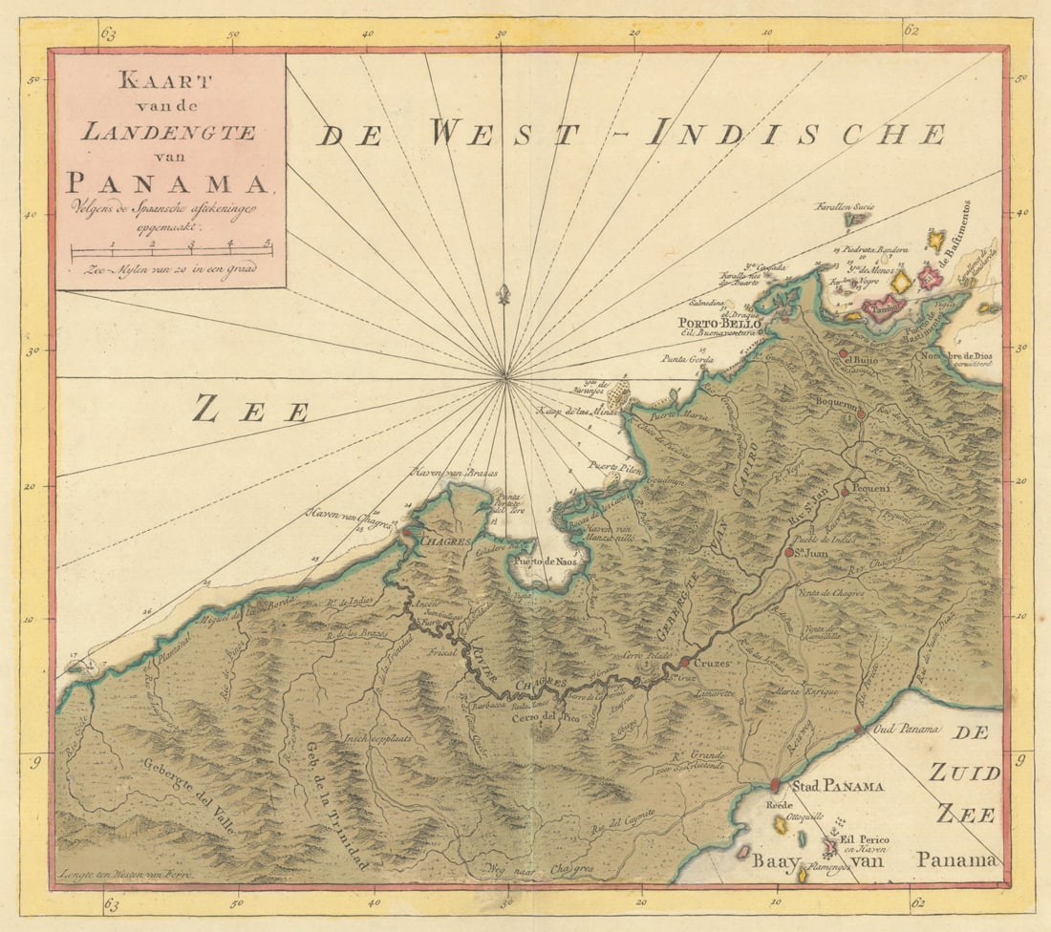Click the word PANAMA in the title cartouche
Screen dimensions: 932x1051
(169, 180)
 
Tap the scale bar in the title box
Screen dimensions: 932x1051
(172, 252)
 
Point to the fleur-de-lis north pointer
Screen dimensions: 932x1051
(504, 293)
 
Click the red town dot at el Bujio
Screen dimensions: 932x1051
(844, 353)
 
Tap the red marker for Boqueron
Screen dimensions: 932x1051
(861, 414)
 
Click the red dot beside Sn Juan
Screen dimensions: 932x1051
(789, 552)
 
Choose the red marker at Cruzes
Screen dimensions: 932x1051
(684, 662)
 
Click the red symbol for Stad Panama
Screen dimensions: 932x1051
(775, 785)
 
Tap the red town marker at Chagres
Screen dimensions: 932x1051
(407, 532)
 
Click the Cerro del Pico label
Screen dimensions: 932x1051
(544, 716)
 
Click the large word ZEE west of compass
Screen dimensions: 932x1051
(250, 411)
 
